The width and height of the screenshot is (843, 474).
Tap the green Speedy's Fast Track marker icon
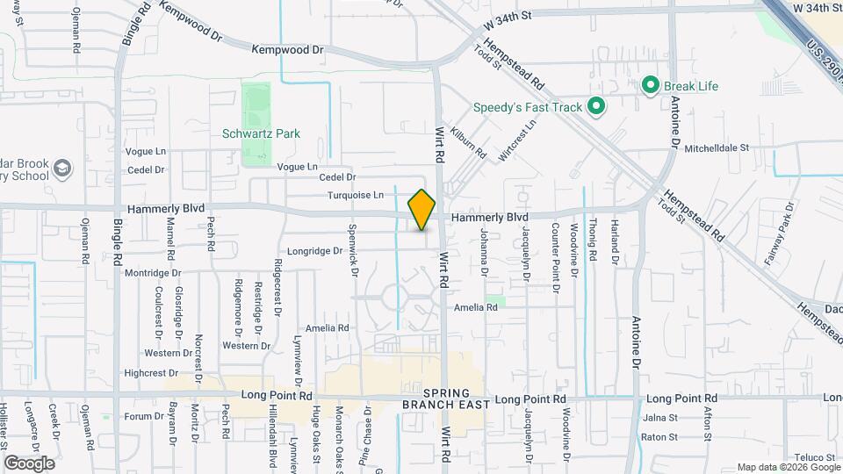click(597, 107)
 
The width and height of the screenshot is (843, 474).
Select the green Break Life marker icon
click(651, 85)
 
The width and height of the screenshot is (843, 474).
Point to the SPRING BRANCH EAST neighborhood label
click(442, 399)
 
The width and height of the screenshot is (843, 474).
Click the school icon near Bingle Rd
click(61, 167)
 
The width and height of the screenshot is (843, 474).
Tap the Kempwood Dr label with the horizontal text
click(287, 50)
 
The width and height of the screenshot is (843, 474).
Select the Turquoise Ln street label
click(356, 195)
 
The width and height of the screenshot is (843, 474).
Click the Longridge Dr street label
click(313, 251)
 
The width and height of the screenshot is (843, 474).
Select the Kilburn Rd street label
click(468, 140)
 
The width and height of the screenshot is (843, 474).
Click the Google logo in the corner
click(29, 463)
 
